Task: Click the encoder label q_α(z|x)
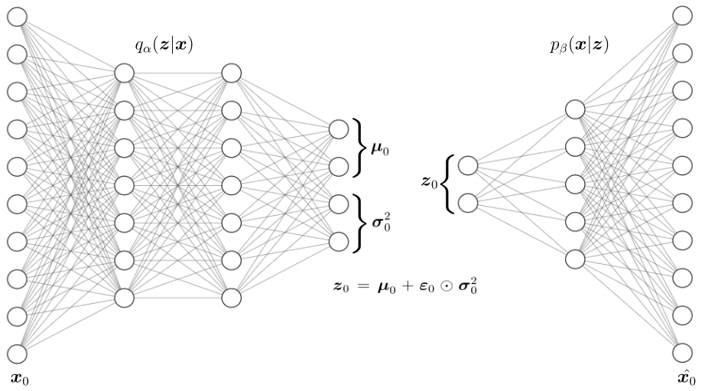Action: [x=163, y=46]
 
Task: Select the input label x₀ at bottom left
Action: [x=19, y=377]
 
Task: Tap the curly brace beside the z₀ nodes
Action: [x=450, y=184]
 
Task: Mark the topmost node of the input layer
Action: [x=17, y=16]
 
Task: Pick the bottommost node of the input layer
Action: [x=17, y=353]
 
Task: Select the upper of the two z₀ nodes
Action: [x=468, y=165]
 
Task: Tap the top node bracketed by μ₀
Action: [x=338, y=129]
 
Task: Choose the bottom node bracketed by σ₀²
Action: [x=338, y=240]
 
